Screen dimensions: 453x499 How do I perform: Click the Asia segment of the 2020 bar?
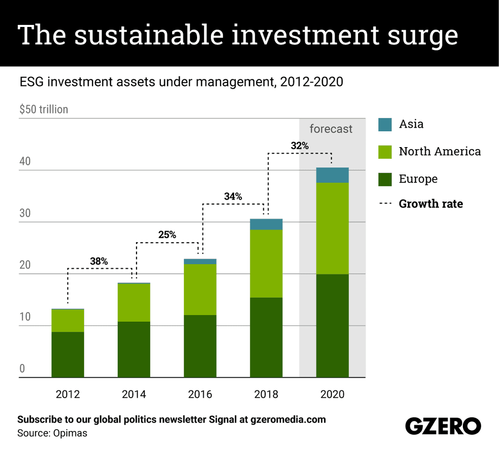(x=332, y=175)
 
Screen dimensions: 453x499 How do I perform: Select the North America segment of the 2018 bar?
(x=266, y=263)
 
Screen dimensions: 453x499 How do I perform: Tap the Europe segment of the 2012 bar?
(x=68, y=354)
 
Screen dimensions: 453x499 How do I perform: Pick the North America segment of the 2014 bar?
(x=133, y=302)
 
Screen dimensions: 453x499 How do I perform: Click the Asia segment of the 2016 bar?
(x=200, y=262)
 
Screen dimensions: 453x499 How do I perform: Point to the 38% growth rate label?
(x=99, y=261)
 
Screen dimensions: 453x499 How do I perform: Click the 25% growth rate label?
(x=167, y=235)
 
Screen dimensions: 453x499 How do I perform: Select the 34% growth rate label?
(x=233, y=196)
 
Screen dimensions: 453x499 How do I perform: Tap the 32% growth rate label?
(x=299, y=146)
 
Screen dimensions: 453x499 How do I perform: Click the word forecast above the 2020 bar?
(x=331, y=129)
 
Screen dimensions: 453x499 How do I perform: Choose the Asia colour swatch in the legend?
(x=385, y=124)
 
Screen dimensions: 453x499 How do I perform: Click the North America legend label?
(x=439, y=151)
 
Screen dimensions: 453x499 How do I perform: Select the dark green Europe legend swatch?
(x=385, y=179)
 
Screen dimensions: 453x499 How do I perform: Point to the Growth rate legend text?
(x=431, y=204)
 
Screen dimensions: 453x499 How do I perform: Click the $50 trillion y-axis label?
(x=43, y=109)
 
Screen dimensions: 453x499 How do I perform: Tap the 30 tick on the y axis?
(x=25, y=214)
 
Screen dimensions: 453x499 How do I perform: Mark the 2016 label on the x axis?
(x=200, y=394)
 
